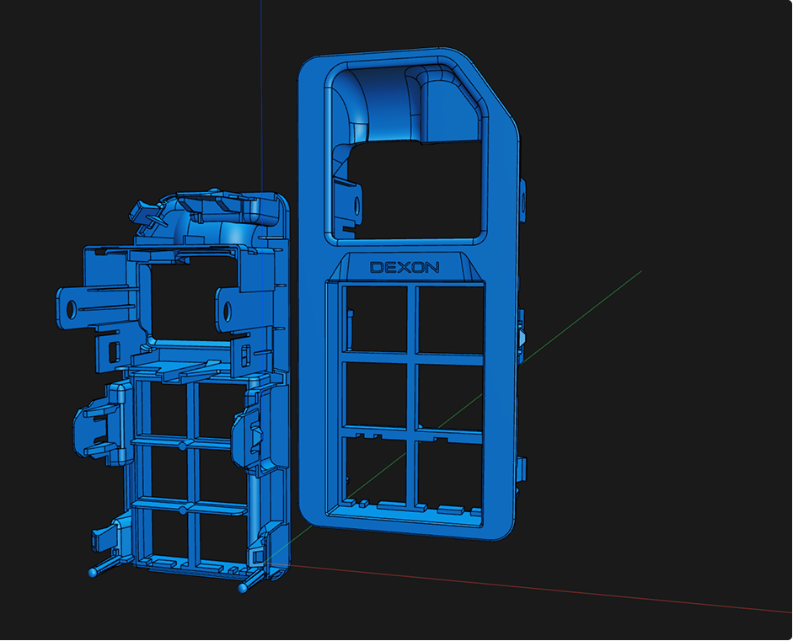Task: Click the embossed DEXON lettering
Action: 405,267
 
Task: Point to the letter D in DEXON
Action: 376,267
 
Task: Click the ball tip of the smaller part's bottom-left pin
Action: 93,573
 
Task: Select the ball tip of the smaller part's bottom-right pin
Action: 243,589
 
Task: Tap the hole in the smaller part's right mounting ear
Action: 228,312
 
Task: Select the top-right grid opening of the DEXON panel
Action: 451,320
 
